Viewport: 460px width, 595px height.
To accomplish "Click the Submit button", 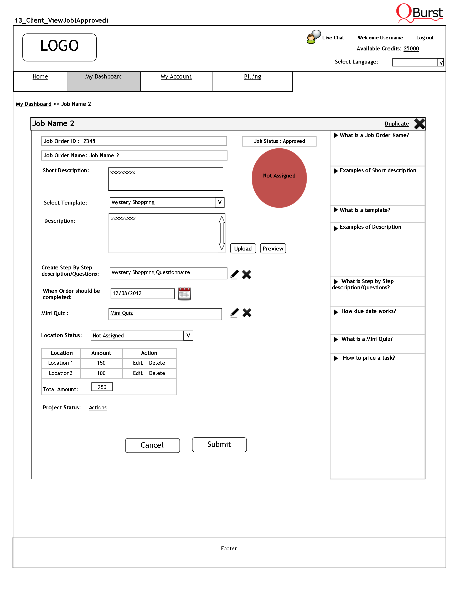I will (219, 444).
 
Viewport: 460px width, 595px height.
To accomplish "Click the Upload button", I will (243, 248).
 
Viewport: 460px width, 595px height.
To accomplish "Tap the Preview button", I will (273, 248).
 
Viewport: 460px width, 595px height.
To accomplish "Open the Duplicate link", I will (396, 124).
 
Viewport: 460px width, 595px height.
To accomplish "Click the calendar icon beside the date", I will (184, 294).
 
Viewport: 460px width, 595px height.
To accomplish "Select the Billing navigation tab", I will (252, 77).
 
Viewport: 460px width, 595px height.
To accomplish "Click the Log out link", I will (425, 38).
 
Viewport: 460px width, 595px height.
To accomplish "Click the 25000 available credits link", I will (411, 49).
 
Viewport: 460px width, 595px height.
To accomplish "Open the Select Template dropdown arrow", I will (220, 202).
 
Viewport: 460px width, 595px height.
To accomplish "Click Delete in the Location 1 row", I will (157, 363).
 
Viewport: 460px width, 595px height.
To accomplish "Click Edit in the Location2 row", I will (138, 373).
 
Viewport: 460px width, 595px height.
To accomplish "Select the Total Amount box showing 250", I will (102, 387).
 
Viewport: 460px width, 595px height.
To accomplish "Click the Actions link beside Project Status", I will (97, 408).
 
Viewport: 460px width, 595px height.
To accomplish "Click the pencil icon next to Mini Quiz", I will (234, 313).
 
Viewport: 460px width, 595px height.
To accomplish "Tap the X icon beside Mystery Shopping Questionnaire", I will (247, 274).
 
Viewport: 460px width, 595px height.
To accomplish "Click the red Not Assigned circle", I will (279, 178).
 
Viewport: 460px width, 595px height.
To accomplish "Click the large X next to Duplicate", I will (419, 124).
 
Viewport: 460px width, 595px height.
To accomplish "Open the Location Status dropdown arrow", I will (188, 336).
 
